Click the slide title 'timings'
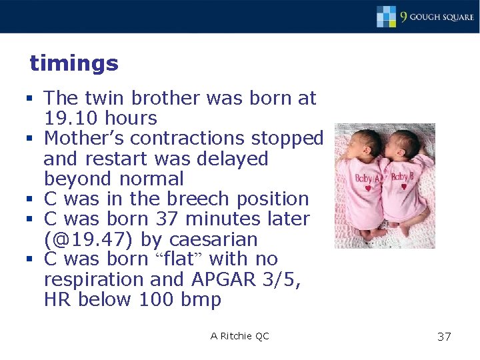(74, 64)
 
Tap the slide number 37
(444, 337)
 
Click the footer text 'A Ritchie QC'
(240, 336)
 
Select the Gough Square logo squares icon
(387, 16)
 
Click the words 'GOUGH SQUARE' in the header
(441, 17)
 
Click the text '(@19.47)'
(90, 239)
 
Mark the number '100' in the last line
(157, 300)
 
